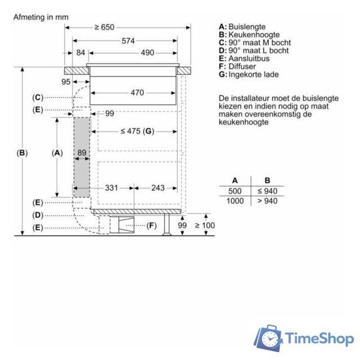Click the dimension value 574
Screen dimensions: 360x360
coord(129,40)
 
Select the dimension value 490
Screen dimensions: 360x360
coord(147,53)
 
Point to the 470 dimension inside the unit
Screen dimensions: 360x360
coord(137,93)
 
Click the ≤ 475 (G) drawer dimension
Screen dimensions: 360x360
coord(137,131)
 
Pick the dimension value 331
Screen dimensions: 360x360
coord(111,187)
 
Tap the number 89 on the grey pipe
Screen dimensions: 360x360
coord(82,153)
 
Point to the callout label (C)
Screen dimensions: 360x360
coord(38,97)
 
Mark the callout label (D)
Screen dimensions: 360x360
coord(38,215)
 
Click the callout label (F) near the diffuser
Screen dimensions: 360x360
coord(151,226)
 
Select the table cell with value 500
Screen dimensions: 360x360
coord(235,191)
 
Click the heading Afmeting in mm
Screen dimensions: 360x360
coord(40,17)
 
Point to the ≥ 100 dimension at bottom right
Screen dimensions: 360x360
coord(205,226)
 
